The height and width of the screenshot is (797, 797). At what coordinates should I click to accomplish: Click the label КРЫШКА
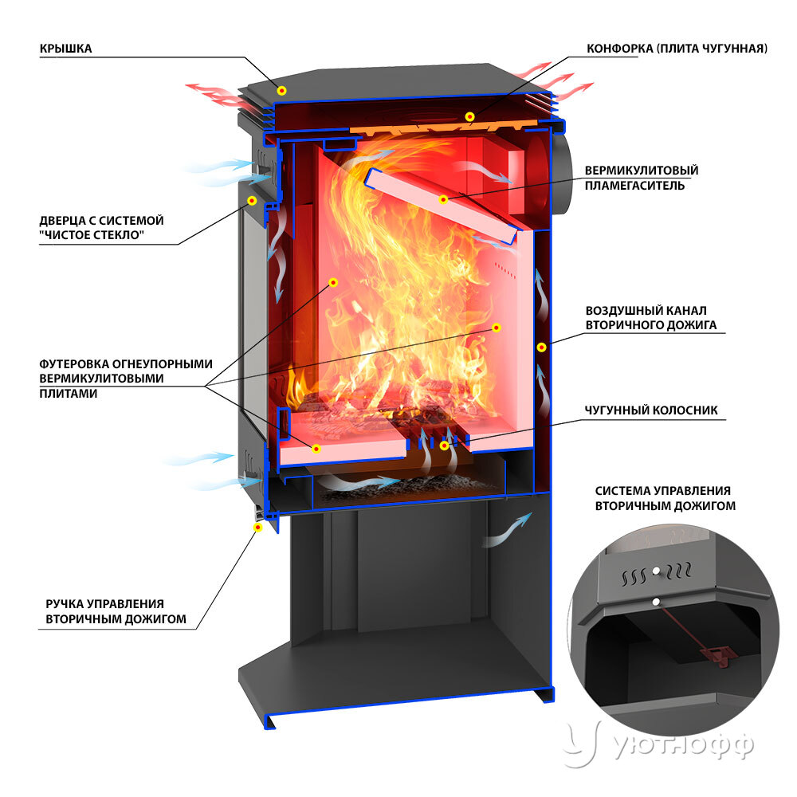[65, 49]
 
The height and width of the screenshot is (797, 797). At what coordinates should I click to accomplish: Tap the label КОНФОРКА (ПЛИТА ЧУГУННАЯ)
[677, 49]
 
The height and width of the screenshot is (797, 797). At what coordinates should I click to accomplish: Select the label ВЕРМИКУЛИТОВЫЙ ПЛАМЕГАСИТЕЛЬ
[642, 178]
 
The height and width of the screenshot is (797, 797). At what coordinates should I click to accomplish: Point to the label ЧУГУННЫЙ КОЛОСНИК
[651, 410]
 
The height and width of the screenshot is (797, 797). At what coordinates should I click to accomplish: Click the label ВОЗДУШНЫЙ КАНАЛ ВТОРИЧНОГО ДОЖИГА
[651, 318]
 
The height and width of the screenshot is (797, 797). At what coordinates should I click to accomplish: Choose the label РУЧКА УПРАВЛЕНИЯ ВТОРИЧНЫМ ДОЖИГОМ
[116, 611]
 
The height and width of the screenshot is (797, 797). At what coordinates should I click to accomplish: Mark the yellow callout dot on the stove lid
[282, 91]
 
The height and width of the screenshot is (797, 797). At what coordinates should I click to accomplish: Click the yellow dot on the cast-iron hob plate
[470, 117]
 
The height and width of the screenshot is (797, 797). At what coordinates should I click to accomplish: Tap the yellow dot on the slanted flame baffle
[443, 200]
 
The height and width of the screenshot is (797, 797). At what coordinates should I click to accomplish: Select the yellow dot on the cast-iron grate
[444, 446]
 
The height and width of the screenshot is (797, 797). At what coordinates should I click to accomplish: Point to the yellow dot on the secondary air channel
[542, 347]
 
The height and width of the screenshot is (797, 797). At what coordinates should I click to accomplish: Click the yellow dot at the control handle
[257, 528]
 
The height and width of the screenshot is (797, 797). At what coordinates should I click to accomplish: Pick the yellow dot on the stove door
[252, 201]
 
